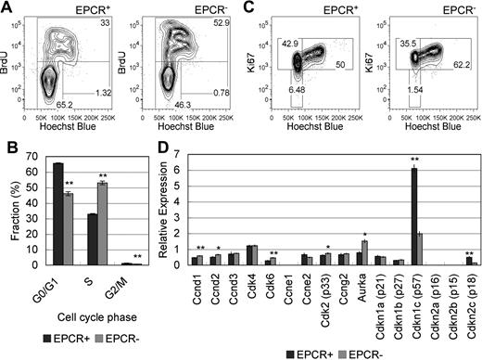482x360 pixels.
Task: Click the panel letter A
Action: [6, 6]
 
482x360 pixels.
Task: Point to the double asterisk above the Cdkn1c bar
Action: [415, 161]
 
